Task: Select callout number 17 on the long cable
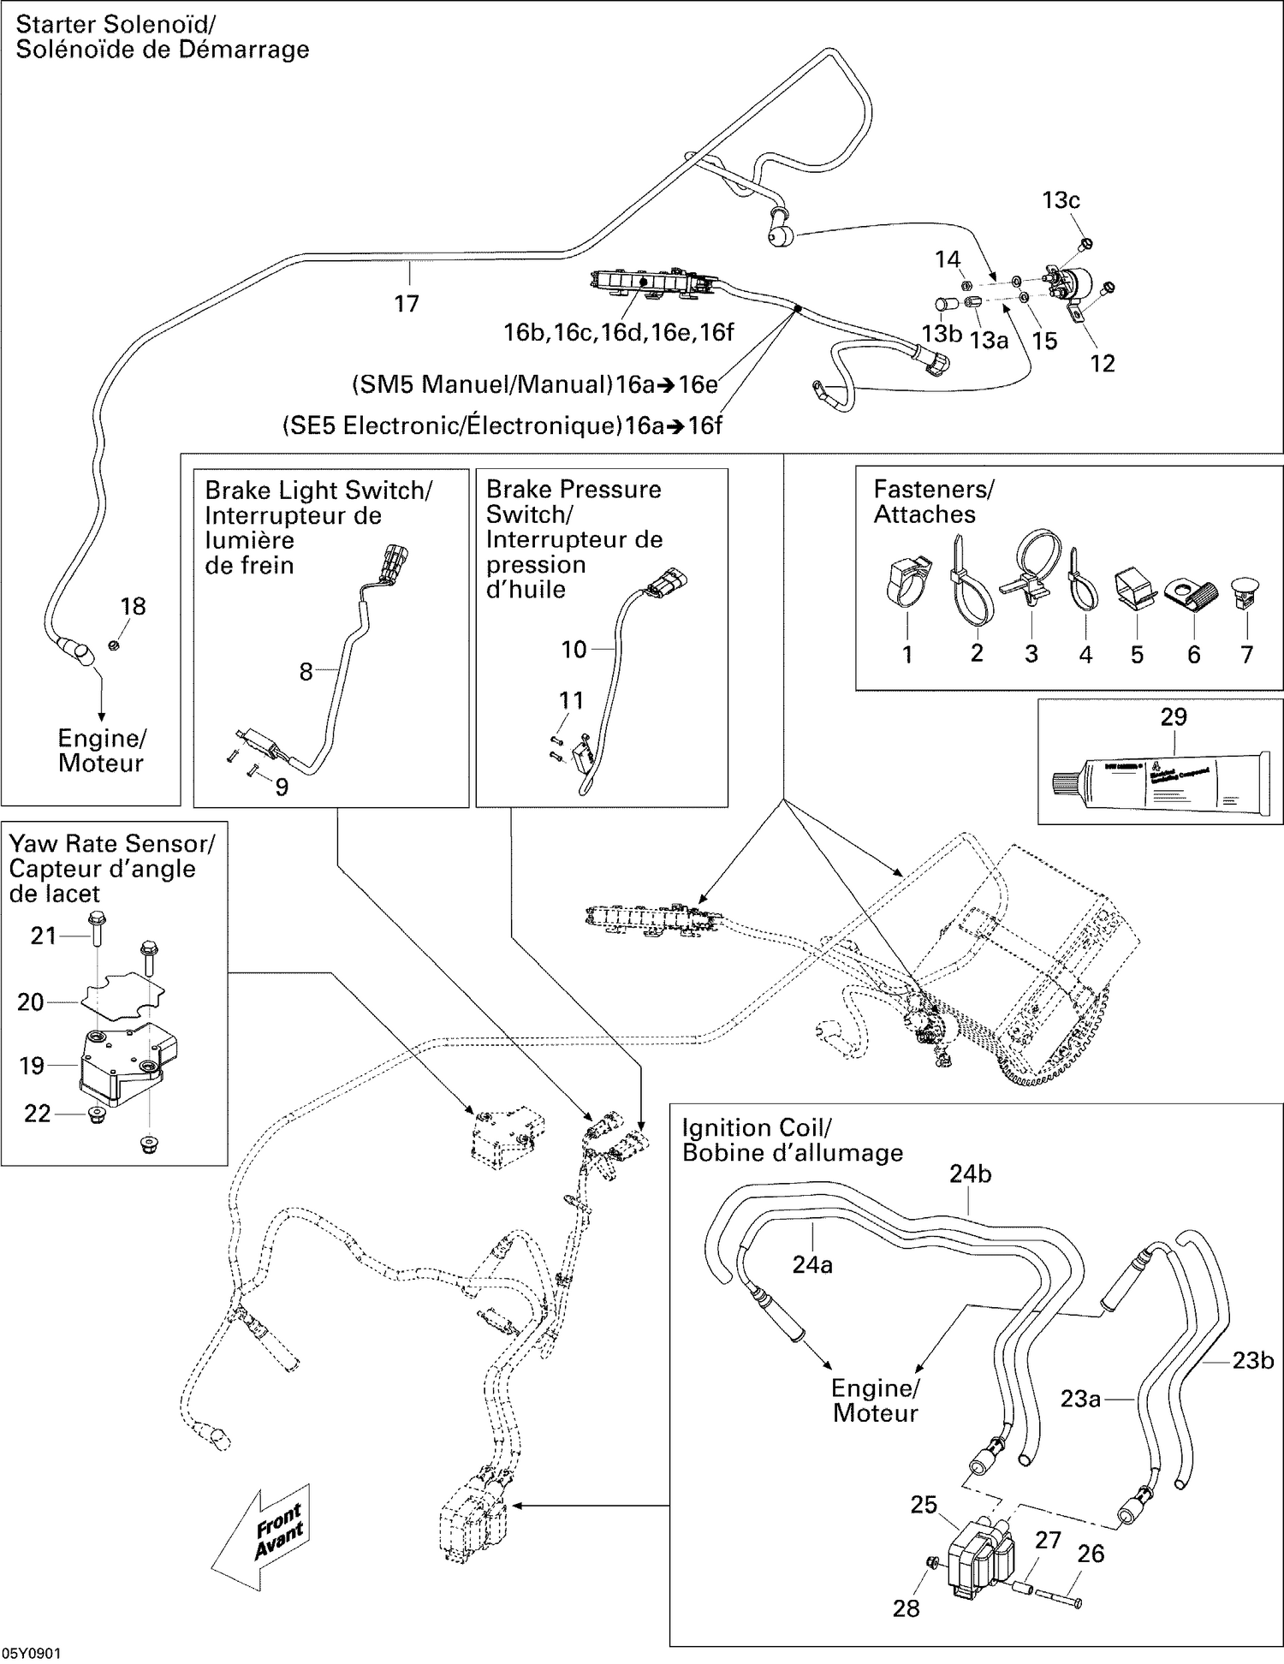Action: (x=407, y=303)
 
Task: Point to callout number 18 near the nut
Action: (x=133, y=606)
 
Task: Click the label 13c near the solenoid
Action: (x=1061, y=200)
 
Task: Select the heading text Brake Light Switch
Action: (x=318, y=490)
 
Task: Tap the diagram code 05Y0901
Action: (x=31, y=1654)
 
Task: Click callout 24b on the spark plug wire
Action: (x=970, y=1174)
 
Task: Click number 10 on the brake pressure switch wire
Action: (x=574, y=650)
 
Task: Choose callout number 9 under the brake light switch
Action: (x=282, y=787)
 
